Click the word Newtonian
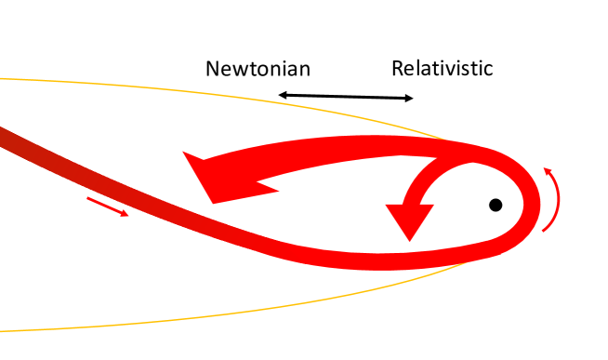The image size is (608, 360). click(x=258, y=68)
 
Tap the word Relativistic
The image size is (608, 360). click(x=442, y=68)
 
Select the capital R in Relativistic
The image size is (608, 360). click(x=397, y=68)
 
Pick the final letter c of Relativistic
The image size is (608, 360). click(x=487, y=70)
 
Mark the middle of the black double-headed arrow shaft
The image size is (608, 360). click(x=346, y=96)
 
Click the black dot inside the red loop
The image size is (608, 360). click(x=496, y=205)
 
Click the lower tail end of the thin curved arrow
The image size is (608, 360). click(x=546, y=230)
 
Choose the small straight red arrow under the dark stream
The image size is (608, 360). click(x=107, y=207)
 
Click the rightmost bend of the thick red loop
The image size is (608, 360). click(x=534, y=200)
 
